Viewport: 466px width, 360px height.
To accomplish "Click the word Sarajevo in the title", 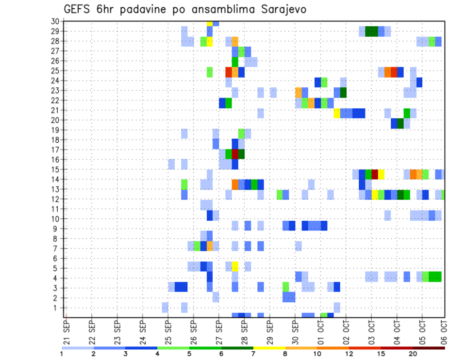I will [x=279, y=9].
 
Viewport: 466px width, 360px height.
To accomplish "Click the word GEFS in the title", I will [x=79, y=9].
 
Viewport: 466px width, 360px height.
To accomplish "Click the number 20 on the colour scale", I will [x=413, y=354].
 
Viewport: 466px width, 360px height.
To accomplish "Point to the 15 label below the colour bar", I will [x=382, y=354].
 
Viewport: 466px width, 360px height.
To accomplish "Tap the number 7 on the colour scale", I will [x=254, y=354].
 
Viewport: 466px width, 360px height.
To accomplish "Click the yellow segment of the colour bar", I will [x=269, y=347].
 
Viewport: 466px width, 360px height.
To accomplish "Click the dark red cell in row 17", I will [x=235, y=154].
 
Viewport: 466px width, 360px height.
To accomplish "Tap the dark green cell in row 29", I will [x=371, y=32].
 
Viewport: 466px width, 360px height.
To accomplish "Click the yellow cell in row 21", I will [x=337, y=113].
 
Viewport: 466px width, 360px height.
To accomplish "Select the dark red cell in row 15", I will [x=374, y=174].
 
